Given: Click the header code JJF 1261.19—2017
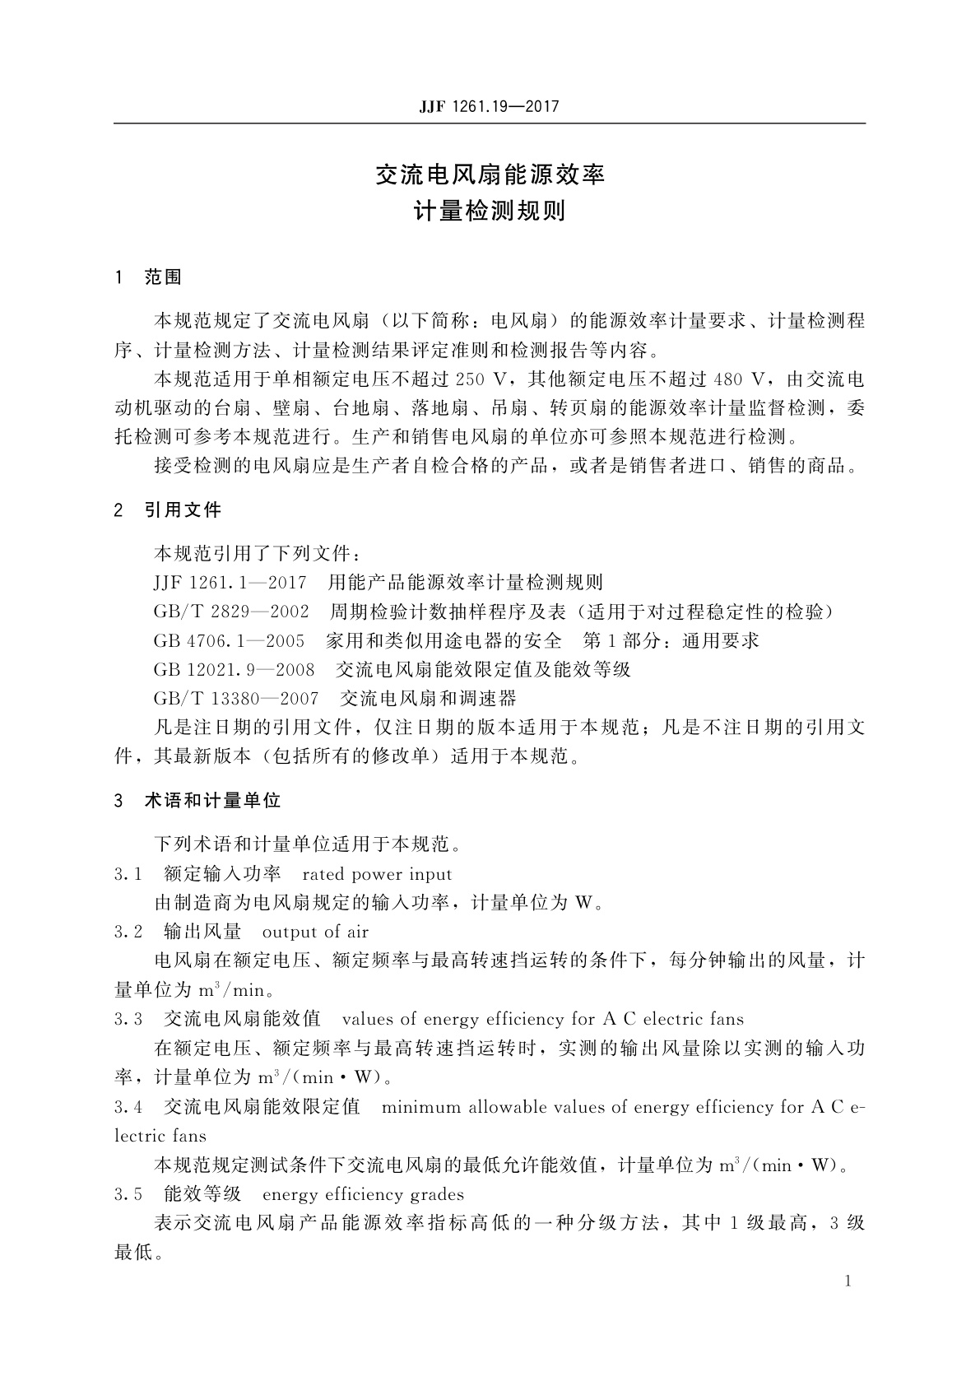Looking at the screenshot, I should [x=490, y=107].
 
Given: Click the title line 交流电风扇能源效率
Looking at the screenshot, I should [x=490, y=174].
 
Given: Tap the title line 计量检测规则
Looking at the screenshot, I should [x=490, y=212].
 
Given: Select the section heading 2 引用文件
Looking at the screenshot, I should [x=169, y=510].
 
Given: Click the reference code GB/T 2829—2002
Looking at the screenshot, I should [x=231, y=612].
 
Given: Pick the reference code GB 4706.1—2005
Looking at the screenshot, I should [x=229, y=641].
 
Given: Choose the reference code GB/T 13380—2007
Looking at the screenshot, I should [x=236, y=699].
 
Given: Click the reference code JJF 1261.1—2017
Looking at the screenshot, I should [x=230, y=584].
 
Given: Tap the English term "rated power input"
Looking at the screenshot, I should [x=378, y=874].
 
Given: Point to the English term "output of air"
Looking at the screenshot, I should [x=315, y=933].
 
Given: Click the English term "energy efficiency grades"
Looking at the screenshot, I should [x=363, y=1195].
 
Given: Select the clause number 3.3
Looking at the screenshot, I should [x=128, y=1020].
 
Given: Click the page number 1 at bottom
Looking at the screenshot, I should [x=848, y=1281].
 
